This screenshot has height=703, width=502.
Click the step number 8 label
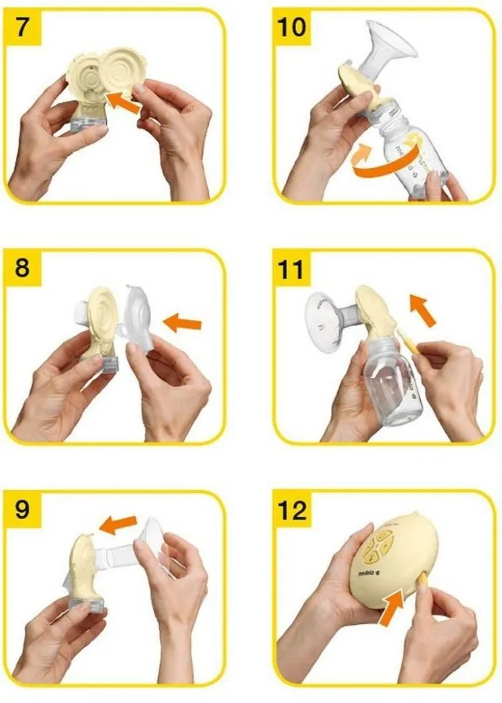tap(23, 267)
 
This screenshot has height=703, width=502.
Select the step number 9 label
tap(23, 510)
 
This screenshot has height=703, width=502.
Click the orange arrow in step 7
tap(125, 103)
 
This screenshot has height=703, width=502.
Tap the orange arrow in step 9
tap(118, 525)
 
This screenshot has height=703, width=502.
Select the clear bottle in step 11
tap(390, 384)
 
